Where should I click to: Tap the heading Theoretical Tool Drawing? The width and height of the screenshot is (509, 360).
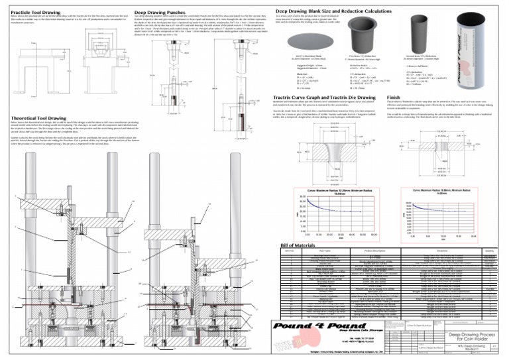pyautogui.click(x=38, y=117)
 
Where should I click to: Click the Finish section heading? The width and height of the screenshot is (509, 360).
pyautogui.click(x=394, y=97)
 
